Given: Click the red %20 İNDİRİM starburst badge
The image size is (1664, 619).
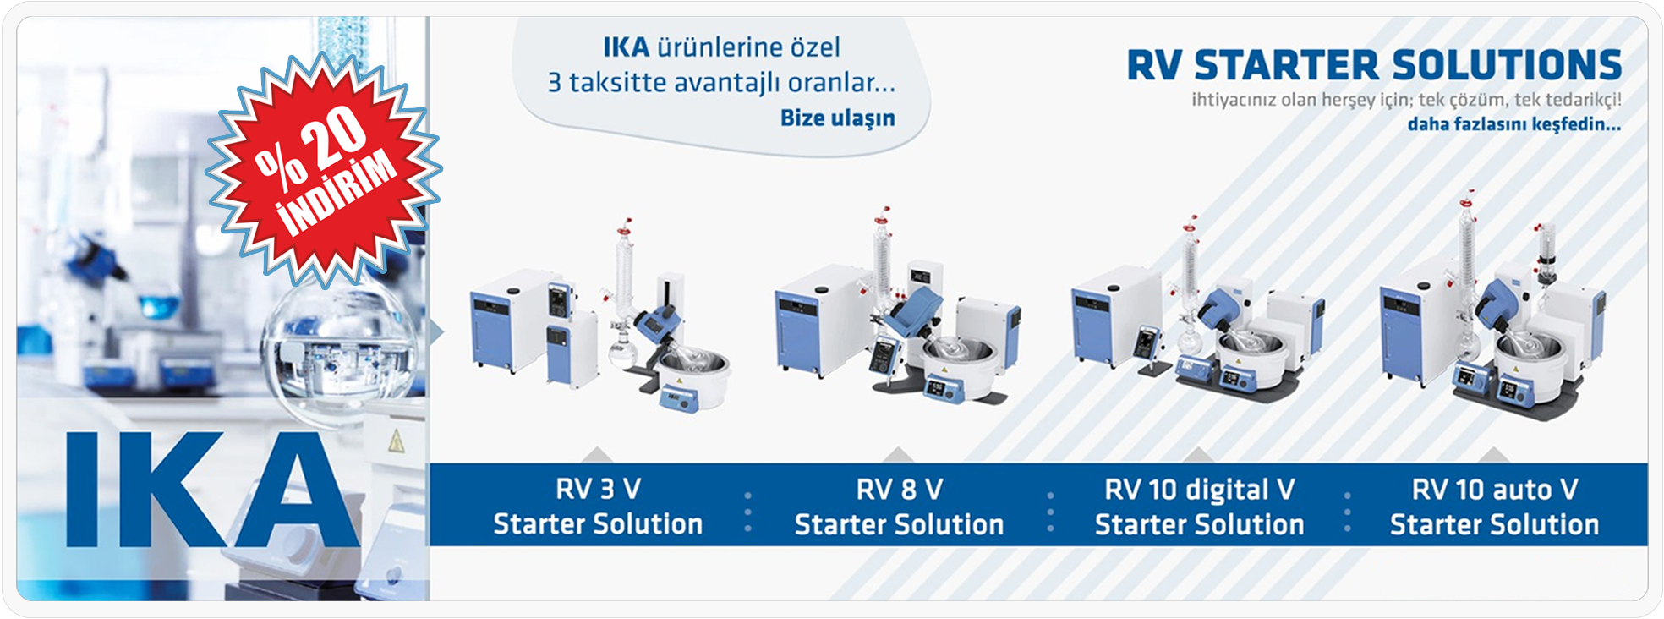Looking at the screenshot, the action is (x=324, y=169).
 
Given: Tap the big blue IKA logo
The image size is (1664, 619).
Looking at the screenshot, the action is (x=212, y=490).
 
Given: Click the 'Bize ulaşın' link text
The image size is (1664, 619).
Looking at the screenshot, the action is (x=837, y=118).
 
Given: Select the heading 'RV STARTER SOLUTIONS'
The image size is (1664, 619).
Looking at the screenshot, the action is (x=1374, y=65).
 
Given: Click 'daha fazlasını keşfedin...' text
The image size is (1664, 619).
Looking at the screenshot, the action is (x=1513, y=124).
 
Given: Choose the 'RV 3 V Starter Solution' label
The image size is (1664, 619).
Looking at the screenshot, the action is (x=598, y=506).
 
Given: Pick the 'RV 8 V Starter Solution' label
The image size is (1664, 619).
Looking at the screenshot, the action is (x=899, y=506).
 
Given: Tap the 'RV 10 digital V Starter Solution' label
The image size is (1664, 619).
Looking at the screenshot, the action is (x=1199, y=506).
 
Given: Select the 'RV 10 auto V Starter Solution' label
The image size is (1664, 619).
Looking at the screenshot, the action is (x=1494, y=506).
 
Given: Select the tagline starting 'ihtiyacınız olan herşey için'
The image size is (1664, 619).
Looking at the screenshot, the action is (x=1406, y=100).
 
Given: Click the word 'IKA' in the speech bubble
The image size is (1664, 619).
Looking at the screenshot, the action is (x=627, y=47).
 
